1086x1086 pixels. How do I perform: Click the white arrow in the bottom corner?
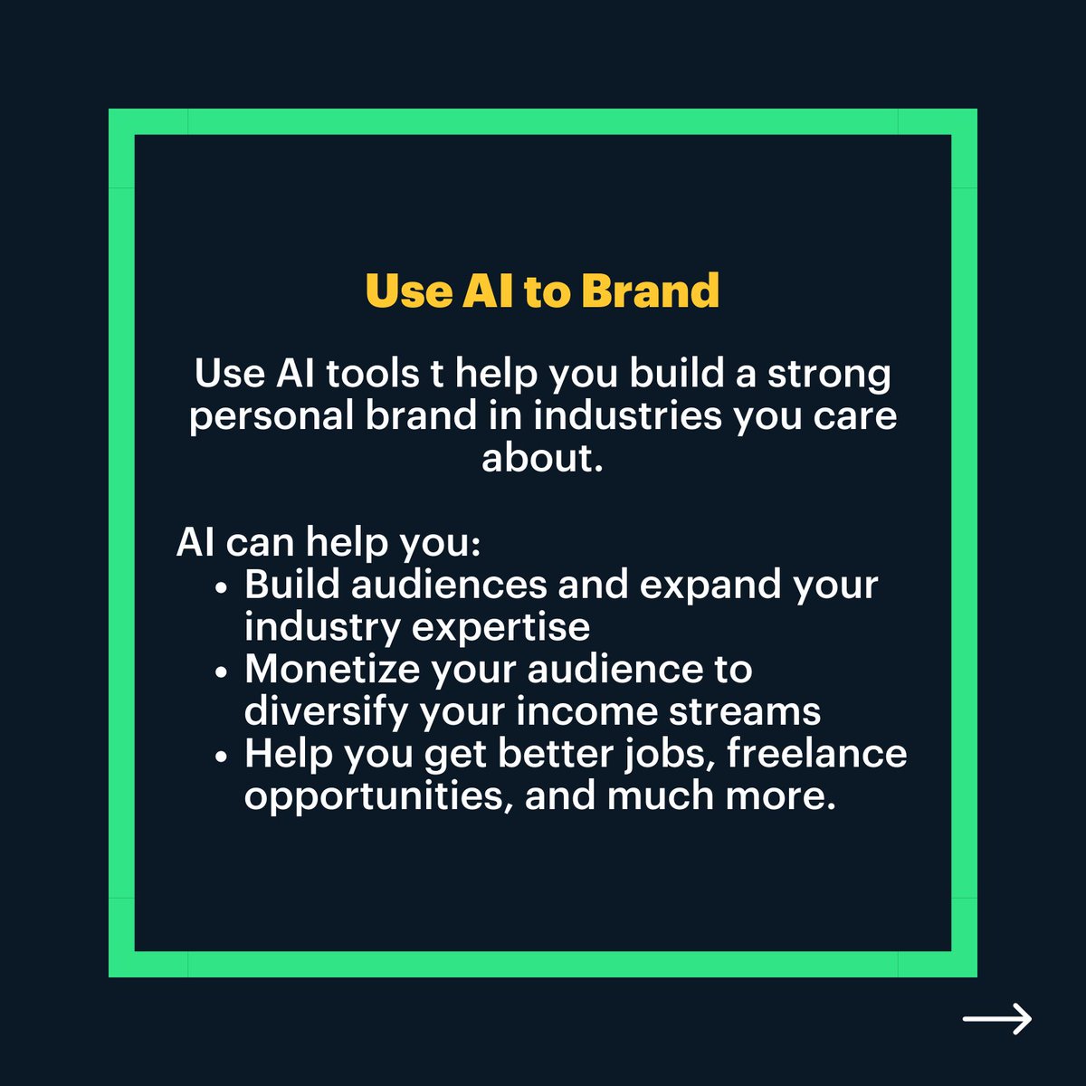[x=996, y=1019]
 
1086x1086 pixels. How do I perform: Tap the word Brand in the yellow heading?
[x=650, y=291]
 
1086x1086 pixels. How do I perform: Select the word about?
[x=541, y=457]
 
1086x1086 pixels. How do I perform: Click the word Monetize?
[x=333, y=670]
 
